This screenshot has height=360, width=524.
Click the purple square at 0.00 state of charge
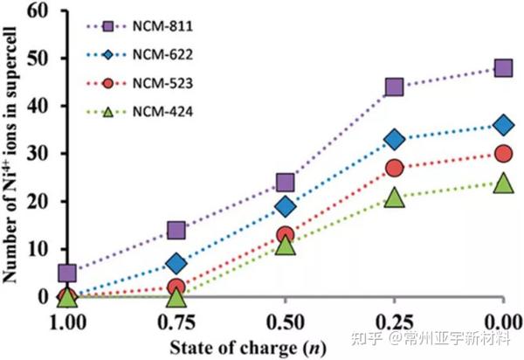[502, 68]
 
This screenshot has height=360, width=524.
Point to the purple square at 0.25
[394, 87]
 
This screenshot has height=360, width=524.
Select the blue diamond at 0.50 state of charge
[285, 206]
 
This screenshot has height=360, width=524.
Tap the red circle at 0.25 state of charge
[394, 168]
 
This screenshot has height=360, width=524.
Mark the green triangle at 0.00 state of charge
[502, 183]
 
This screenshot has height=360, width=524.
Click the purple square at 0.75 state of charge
[176, 230]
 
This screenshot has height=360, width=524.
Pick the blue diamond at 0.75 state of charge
[176, 263]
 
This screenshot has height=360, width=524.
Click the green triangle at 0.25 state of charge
[394, 198]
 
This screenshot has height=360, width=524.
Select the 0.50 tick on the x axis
[285, 318]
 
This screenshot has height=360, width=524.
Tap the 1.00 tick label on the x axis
[68, 318]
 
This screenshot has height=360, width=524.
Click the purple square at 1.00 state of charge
[68, 273]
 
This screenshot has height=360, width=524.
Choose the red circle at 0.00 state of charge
[502, 154]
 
